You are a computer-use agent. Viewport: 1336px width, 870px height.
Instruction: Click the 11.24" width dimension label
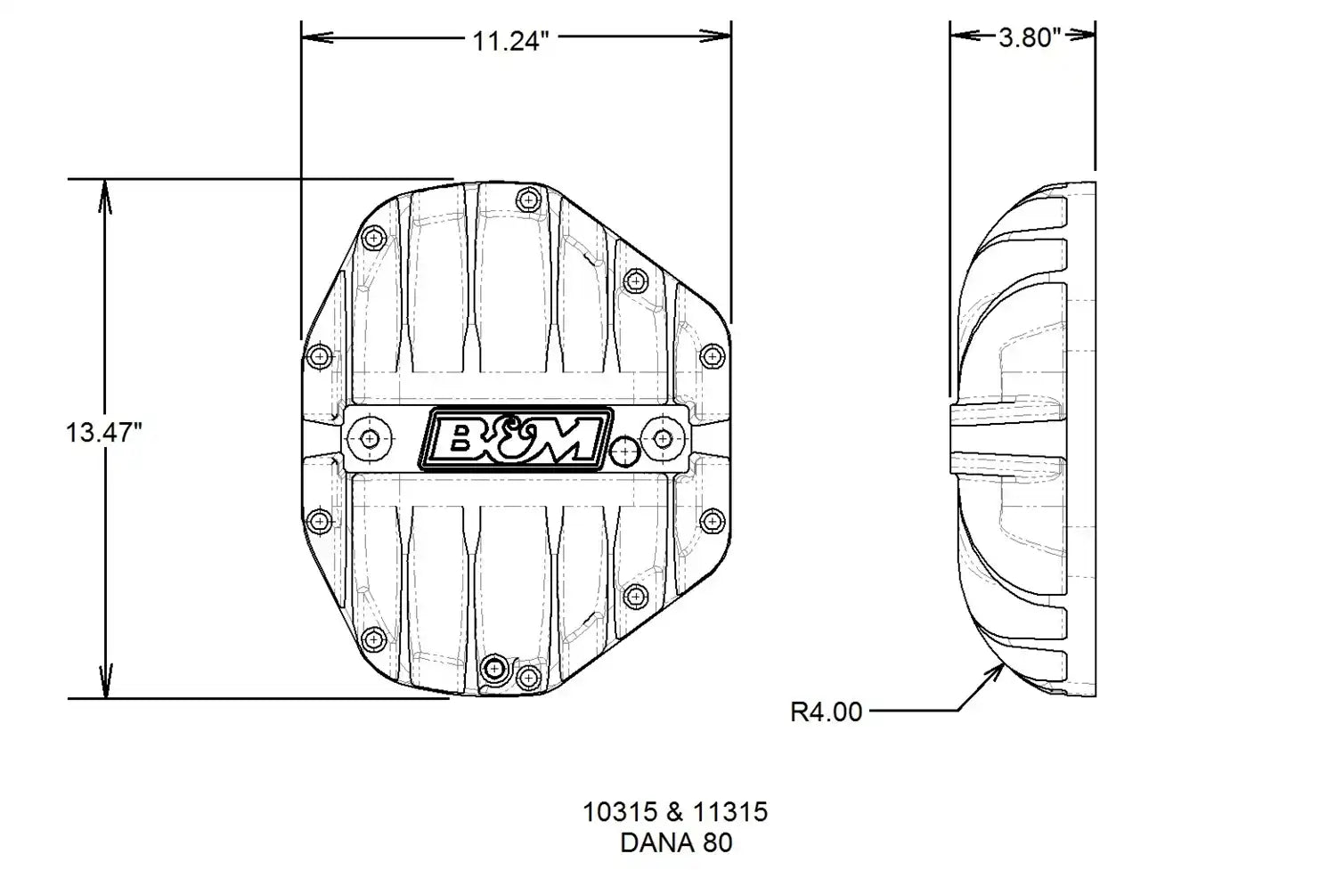(510, 41)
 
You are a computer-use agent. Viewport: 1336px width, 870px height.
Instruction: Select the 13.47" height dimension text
(104, 432)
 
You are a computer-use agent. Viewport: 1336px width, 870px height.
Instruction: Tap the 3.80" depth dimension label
(1030, 37)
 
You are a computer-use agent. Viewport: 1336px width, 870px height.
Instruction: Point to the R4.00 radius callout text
(826, 712)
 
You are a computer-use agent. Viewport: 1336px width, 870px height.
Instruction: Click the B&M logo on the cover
(516, 440)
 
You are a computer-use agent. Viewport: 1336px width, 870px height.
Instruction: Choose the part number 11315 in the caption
(730, 811)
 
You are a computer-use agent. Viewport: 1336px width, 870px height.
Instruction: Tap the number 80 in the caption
(718, 842)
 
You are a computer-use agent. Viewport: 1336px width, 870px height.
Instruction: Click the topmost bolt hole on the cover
(528, 199)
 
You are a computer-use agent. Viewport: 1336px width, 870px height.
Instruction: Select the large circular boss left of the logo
(370, 440)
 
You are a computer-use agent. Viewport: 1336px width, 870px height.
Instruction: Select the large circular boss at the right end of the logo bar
(663, 440)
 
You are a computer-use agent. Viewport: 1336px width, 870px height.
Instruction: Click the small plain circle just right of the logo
(624, 452)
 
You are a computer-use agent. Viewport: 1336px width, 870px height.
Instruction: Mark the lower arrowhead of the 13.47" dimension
(105, 681)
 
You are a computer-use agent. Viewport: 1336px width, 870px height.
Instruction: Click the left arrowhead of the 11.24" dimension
(317, 37)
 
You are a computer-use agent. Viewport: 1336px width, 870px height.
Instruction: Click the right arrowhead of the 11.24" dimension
(715, 37)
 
